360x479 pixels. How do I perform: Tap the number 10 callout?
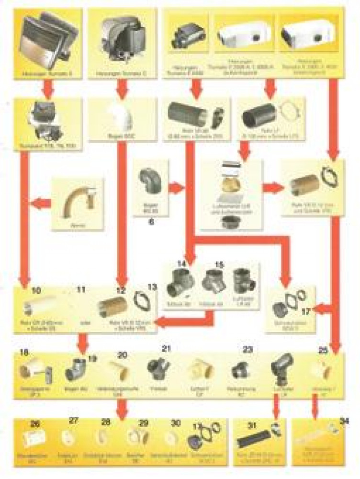36,290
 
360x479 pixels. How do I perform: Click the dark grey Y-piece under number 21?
158,369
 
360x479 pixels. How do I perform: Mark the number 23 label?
247,350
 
